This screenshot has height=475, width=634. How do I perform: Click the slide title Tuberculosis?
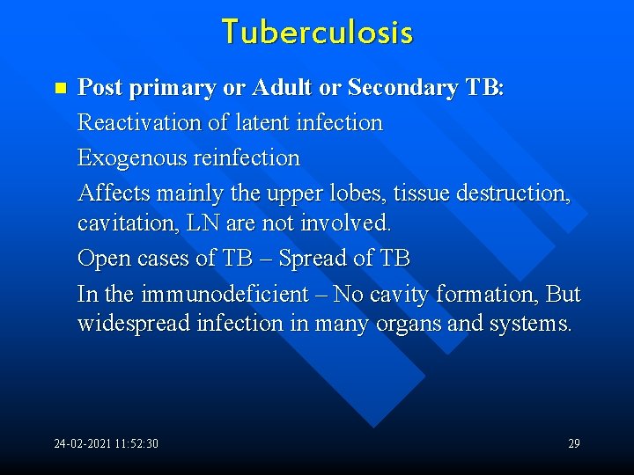click(317, 33)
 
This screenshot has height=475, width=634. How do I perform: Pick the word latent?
click(248, 122)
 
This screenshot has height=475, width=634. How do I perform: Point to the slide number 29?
click(573, 443)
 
